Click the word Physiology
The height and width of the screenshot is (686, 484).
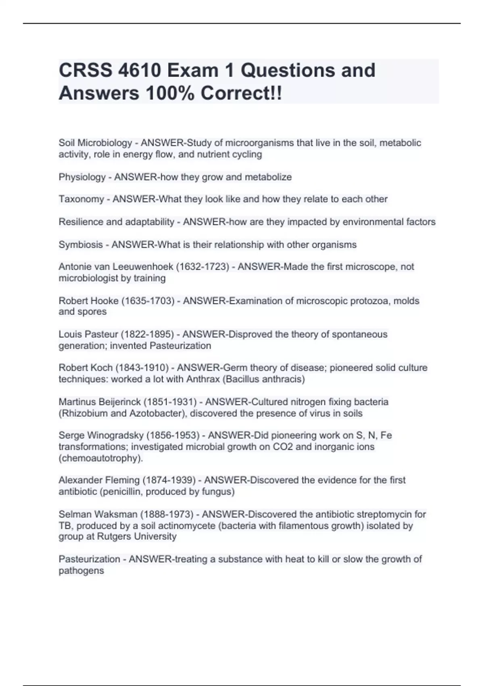point(82,177)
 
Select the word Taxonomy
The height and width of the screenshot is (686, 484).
point(81,199)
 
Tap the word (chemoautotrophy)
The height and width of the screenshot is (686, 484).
point(101,458)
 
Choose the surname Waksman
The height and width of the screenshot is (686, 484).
point(117,514)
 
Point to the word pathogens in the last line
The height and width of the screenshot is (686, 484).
point(81,571)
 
